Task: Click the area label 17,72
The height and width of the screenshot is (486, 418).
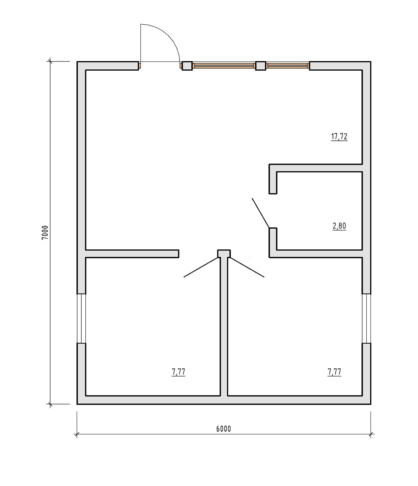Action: click(x=339, y=137)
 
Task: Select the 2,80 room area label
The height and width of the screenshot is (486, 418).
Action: click(x=339, y=226)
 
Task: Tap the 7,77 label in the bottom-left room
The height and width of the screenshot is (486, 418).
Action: click(x=178, y=372)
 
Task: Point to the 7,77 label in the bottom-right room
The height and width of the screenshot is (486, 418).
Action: click(x=334, y=372)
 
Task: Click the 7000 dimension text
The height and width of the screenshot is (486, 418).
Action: click(x=45, y=232)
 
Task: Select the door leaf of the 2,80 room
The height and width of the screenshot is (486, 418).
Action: click(x=261, y=213)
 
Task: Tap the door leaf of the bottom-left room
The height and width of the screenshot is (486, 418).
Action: click(x=201, y=267)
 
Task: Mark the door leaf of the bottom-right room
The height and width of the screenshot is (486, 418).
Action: click(x=247, y=267)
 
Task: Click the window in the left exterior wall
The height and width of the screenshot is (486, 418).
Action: click(x=81, y=318)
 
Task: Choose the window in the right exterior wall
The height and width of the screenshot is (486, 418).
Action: click(x=366, y=318)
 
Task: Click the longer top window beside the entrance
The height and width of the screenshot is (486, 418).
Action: click(x=224, y=66)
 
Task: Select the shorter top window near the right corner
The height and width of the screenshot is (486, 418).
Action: click(x=287, y=66)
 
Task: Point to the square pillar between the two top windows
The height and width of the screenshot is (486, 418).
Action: click(x=261, y=66)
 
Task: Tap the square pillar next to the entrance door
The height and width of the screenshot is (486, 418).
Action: click(x=187, y=66)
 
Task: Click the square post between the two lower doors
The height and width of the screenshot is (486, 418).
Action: click(x=224, y=254)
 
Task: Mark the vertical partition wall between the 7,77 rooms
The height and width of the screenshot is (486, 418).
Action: click(x=224, y=327)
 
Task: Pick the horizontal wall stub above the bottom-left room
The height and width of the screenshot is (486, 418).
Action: click(x=132, y=254)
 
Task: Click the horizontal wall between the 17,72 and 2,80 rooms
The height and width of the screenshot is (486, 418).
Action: click(x=315, y=168)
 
